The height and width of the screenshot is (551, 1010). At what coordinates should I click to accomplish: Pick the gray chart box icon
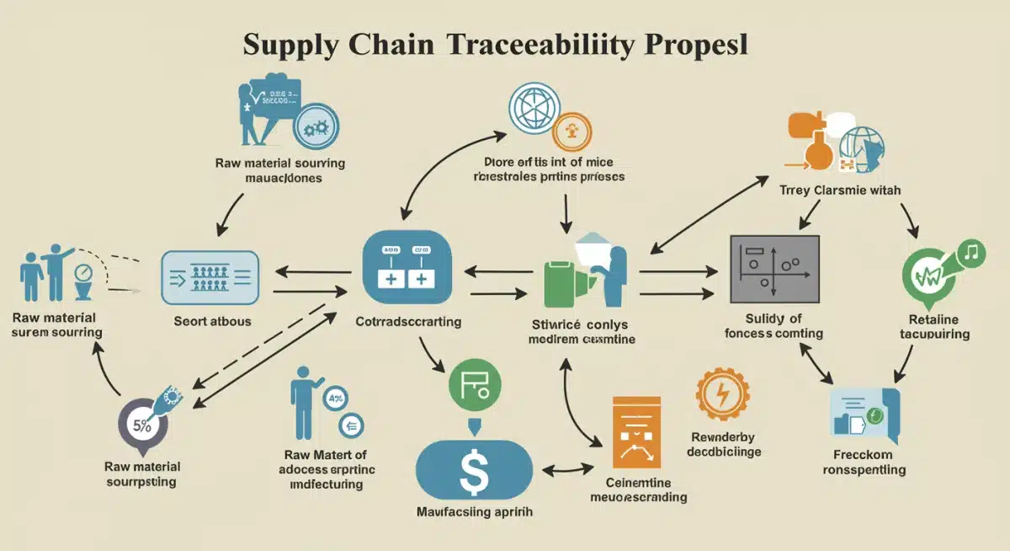pos(773,269)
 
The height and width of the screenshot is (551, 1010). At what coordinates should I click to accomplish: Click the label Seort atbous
pos(212,321)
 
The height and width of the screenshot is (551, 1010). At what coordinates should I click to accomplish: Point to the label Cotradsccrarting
pos(408,322)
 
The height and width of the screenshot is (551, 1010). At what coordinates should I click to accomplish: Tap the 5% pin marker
pos(143,424)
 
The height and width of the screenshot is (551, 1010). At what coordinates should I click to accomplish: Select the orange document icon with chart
pos(637,433)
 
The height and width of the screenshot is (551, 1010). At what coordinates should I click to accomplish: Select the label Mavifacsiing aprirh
pos(475,511)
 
